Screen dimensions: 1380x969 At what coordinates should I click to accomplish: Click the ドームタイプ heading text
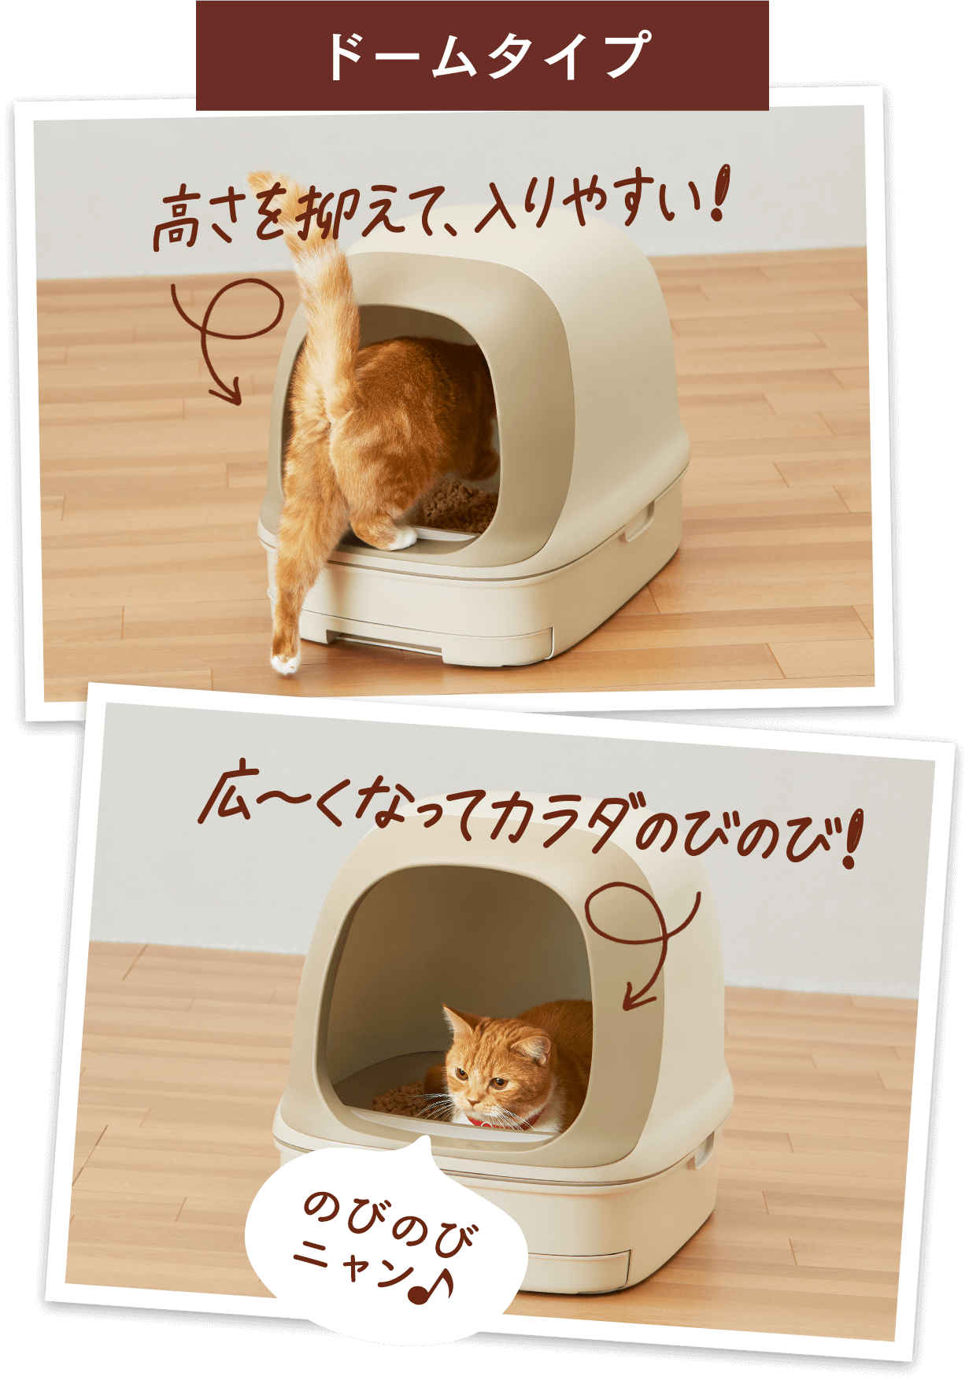(x=483, y=55)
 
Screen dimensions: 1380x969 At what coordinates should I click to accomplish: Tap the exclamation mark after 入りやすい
(x=719, y=194)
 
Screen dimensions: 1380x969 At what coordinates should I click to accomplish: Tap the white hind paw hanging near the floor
(x=284, y=661)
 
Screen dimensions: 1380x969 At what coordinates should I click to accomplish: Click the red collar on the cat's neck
(x=504, y=1124)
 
